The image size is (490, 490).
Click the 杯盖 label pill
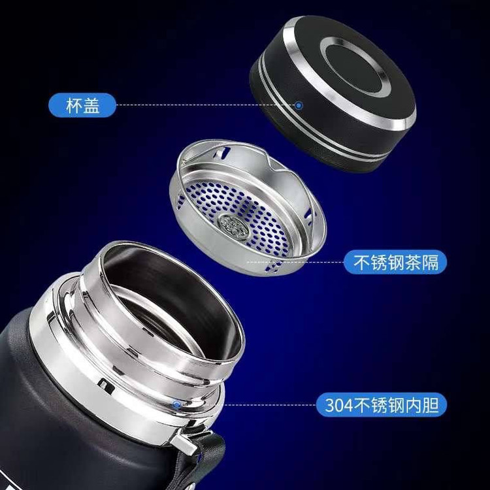coord(82,105)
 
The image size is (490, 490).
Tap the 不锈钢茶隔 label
coord(395,262)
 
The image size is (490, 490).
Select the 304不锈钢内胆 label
coord(382,405)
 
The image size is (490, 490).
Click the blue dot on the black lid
coord(299,106)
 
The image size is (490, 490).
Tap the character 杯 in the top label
coord(74,106)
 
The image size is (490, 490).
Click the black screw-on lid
coord(333,93)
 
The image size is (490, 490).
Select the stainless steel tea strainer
coord(248,208)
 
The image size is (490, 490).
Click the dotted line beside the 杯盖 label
coord(206,105)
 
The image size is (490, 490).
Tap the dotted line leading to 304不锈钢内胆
coord(270,405)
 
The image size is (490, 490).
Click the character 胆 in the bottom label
coord(431,405)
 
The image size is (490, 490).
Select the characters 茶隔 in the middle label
coord(422,263)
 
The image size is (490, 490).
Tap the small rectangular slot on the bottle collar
coord(106,387)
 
